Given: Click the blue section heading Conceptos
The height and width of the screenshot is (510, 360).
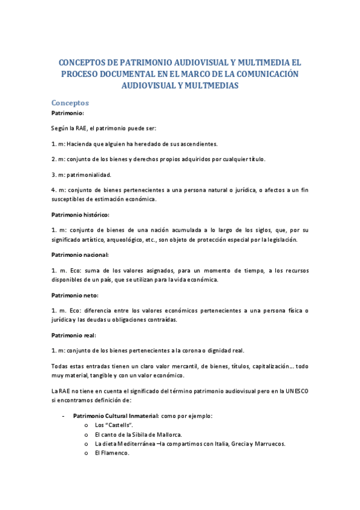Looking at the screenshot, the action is click(70, 103).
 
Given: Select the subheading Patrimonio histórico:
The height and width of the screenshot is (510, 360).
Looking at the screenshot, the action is click(80, 214).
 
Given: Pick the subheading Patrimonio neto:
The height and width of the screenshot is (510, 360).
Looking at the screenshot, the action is click(75, 295).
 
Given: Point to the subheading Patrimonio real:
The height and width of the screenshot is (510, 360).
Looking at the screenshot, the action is click(73, 335).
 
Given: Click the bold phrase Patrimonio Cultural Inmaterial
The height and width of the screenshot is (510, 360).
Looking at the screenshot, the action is click(115, 416).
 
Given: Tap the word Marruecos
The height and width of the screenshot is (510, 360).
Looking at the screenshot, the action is click(266, 443).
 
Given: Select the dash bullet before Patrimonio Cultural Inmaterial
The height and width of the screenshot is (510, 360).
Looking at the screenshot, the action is click(64, 416).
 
